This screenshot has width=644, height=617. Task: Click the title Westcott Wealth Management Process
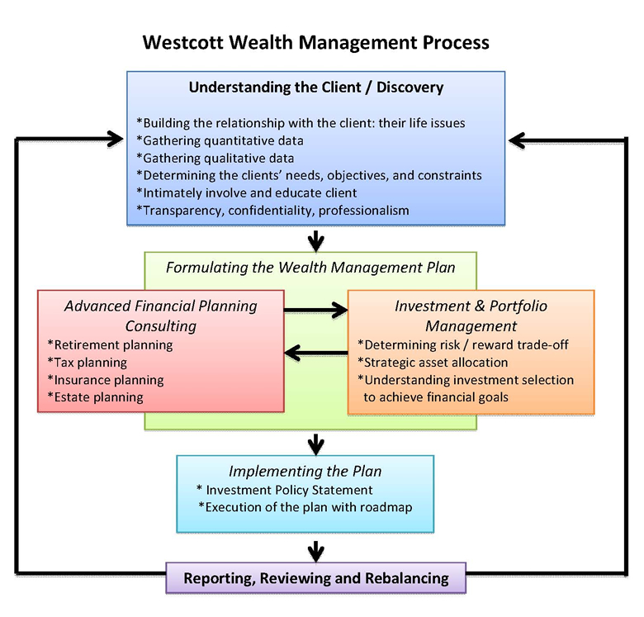point(316,42)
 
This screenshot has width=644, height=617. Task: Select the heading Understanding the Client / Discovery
point(316,87)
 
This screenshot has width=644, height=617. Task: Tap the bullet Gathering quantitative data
point(220,140)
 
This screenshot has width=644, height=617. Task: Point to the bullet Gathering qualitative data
point(215,158)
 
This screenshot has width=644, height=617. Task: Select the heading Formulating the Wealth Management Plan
point(310,268)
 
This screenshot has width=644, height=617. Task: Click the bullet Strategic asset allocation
point(433,362)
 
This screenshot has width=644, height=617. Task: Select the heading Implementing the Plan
point(305,472)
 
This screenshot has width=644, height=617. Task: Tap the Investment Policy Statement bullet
point(285,490)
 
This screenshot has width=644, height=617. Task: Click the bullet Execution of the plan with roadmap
point(305,507)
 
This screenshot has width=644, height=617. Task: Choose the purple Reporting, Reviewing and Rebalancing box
point(316,577)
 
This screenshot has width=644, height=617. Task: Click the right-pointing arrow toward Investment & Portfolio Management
point(315,310)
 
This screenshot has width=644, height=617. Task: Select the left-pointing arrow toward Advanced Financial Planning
point(315,354)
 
